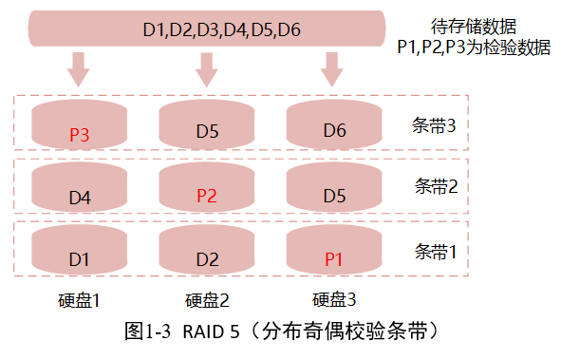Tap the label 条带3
point(437,126)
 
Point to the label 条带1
point(437,252)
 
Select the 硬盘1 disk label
point(79,299)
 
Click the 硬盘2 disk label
point(207,299)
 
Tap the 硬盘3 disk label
point(334,299)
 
